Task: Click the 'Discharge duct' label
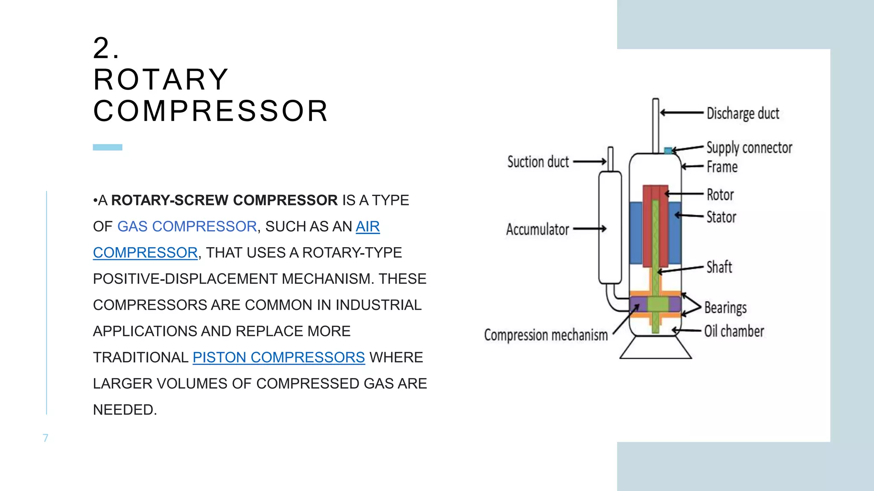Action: (x=743, y=113)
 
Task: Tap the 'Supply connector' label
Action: (x=749, y=147)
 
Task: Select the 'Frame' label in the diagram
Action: (x=722, y=167)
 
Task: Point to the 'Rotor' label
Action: (x=720, y=195)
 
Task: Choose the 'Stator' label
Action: (x=721, y=217)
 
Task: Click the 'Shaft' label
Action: (x=719, y=267)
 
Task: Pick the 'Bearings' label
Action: (x=725, y=307)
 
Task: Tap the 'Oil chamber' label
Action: (x=734, y=331)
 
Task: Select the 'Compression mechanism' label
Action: (x=545, y=335)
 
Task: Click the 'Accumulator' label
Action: (x=537, y=229)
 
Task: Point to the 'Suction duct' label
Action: (x=538, y=162)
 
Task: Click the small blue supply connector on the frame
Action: (x=668, y=150)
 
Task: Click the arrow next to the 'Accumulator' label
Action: (x=589, y=229)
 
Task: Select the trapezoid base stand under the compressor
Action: (x=655, y=348)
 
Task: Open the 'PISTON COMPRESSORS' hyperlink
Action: (x=279, y=357)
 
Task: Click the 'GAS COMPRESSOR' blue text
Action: (x=187, y=226)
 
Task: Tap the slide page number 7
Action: (x=46, y=438)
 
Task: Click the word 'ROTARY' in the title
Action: (x=161, y=80)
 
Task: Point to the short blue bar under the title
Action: (x=108, y=147)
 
